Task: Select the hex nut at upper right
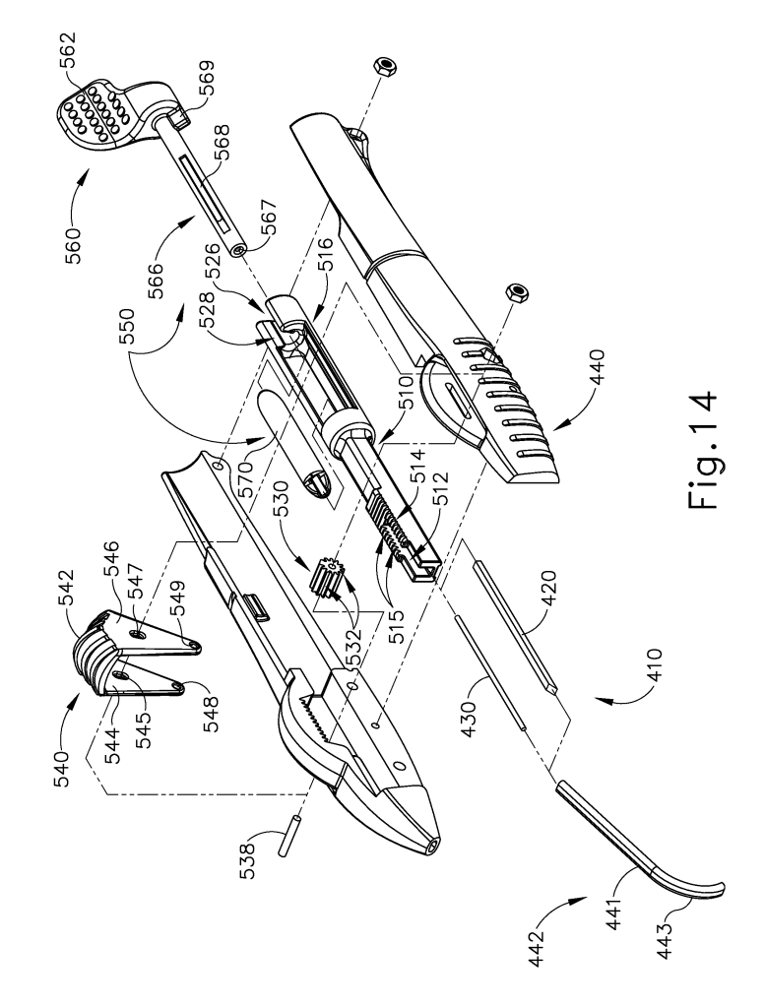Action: [386, 64]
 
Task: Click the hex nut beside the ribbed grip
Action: [516, 291]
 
